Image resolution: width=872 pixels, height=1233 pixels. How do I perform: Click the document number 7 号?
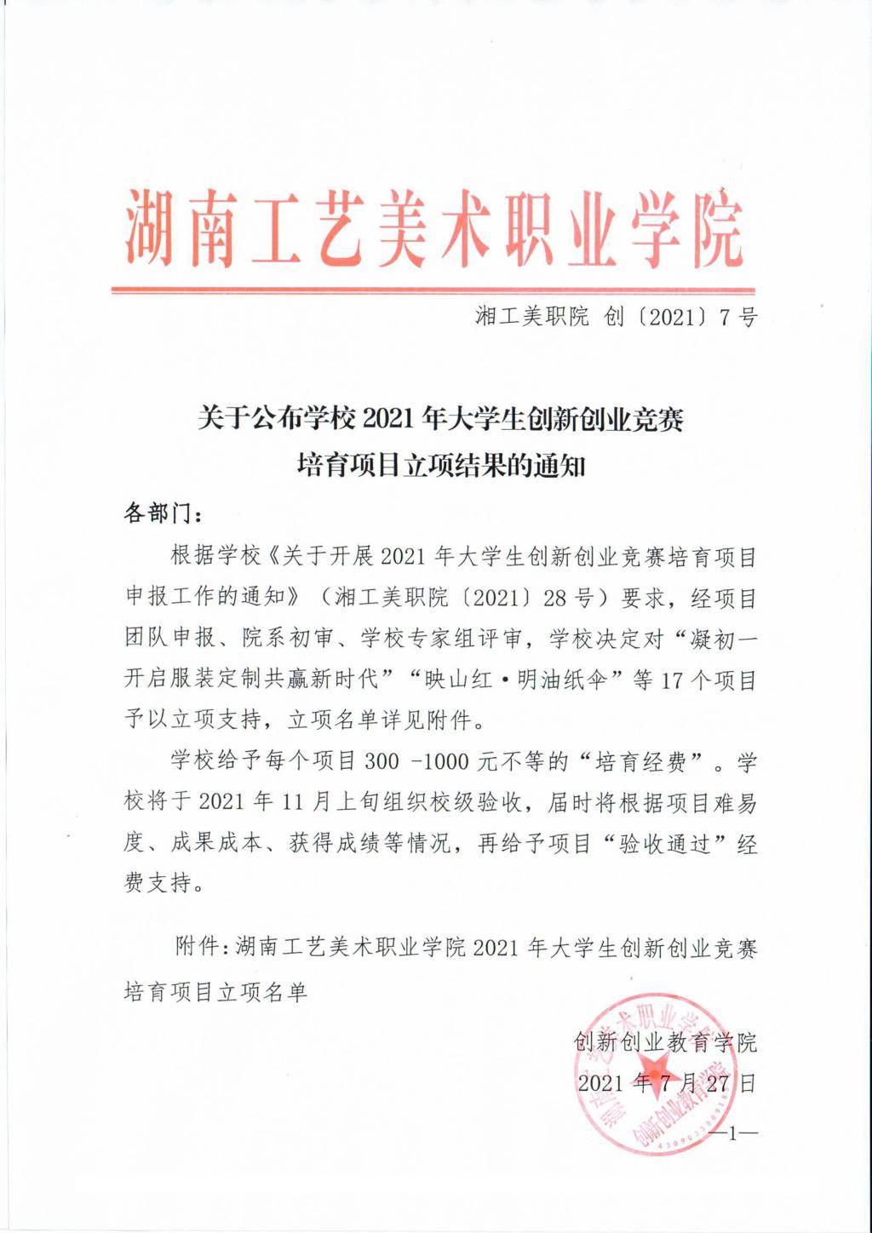pyautogui.click(x=738, y=318)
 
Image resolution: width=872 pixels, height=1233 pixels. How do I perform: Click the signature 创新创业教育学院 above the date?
pyautogui.click(x=665, y=1041)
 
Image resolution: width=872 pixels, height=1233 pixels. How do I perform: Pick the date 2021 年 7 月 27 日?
pyautogui.click(x=666, y=1082)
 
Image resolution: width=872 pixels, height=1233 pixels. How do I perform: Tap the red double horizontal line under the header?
pyautogui.click(x=433, y=290)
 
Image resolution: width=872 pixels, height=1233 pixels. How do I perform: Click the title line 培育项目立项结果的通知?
pyautogui.click(x=440, y=466)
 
